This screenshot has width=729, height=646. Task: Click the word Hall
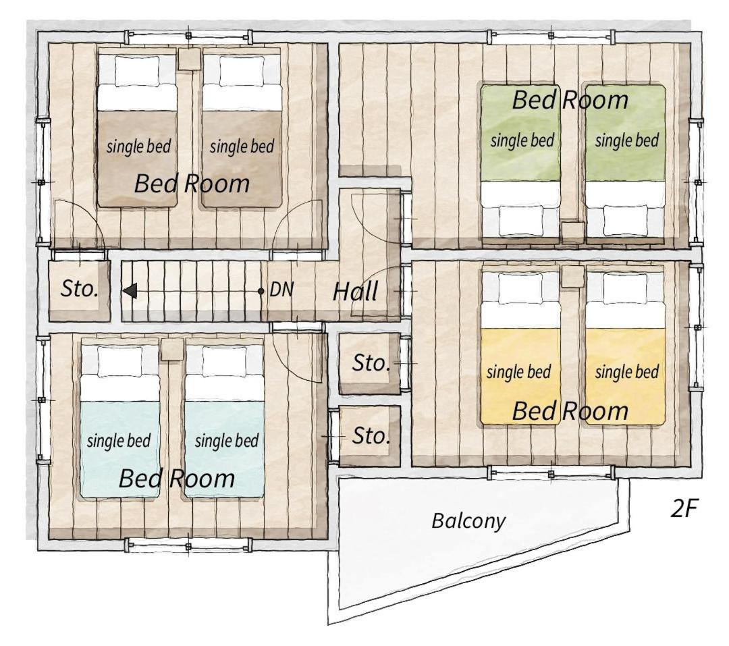coord(355,292)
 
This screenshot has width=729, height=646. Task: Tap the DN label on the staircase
coord(281,290)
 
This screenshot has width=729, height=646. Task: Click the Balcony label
coord(468,520)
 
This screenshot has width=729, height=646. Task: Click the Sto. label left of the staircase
coord(80,289)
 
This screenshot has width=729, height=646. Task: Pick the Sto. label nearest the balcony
coord(371,436)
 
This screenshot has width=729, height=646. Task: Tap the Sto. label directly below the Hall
coord(371,362)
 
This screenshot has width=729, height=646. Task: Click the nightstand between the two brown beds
coord(190,59)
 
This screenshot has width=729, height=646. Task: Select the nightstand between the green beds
coord(573,232)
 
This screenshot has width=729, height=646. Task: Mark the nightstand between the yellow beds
coord(573,277)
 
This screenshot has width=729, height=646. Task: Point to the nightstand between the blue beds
coord(171,349)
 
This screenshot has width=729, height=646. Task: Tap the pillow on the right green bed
coord(625,221)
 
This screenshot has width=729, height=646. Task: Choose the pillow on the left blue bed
coord(120,362)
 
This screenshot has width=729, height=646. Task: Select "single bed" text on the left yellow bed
coord(518,372)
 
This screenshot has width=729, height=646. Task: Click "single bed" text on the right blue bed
coord(227,441)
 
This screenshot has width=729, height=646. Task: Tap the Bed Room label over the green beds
coord(570,100)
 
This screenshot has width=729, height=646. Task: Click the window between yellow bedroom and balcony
coord(551,474)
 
